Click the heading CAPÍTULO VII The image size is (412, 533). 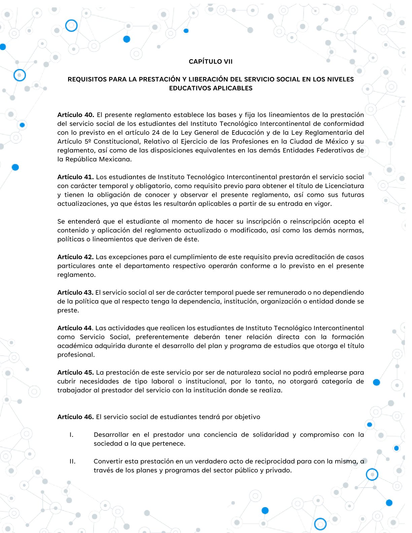coord(210,62)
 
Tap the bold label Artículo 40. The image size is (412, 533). coord(75,115)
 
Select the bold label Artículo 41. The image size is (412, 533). coord(75,177)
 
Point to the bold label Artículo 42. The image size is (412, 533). coord(75,257)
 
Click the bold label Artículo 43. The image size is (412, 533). coord(75,293)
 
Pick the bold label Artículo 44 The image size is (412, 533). coord(75,328)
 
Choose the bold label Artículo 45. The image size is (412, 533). coord(75,372)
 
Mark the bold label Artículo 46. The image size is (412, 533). coord(75,417)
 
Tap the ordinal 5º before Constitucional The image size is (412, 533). coord(88,142)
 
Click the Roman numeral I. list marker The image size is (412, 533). coord(71,435)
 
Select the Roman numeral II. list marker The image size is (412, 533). coord(72,461)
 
